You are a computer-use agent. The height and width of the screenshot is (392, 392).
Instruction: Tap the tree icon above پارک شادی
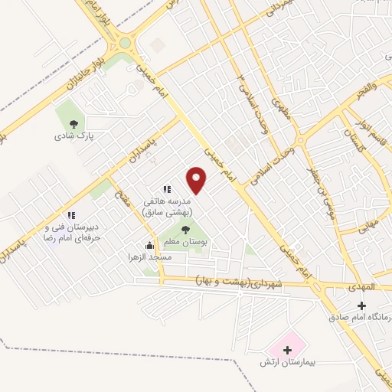(x=73, y=123)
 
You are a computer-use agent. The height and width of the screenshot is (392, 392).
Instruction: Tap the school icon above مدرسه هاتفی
(x=166, y=189)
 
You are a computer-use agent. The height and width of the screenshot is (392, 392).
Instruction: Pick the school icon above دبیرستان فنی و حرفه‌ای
(x=71, y=216)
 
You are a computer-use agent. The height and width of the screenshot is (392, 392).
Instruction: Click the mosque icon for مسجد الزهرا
(x=149, y=246)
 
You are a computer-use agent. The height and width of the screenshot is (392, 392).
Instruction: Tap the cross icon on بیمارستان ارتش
(x=288, y=351)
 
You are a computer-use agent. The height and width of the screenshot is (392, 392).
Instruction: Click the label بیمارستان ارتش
(x=288, y=363)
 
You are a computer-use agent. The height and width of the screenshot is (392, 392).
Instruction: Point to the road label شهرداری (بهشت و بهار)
(x=240, y=281)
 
